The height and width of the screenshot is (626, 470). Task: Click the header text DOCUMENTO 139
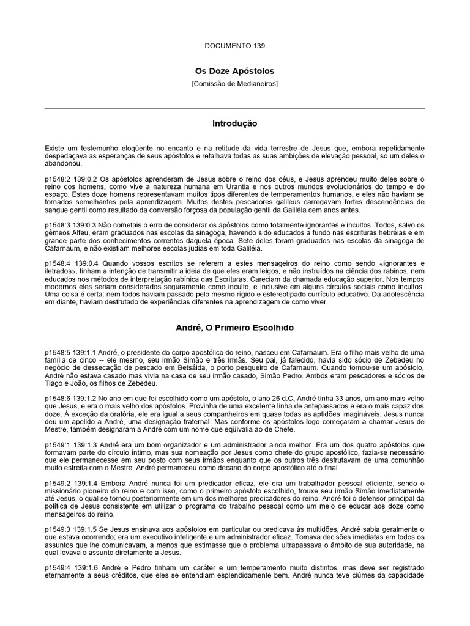click(234, 45)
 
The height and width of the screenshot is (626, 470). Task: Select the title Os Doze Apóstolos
click(234, 72)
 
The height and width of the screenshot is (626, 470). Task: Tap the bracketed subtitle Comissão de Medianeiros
click(234, 83)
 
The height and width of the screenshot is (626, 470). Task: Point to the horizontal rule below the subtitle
click(234, 108)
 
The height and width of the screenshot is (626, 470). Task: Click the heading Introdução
click(234, 123)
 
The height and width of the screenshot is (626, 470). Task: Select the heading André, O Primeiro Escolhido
click(234, 328)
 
